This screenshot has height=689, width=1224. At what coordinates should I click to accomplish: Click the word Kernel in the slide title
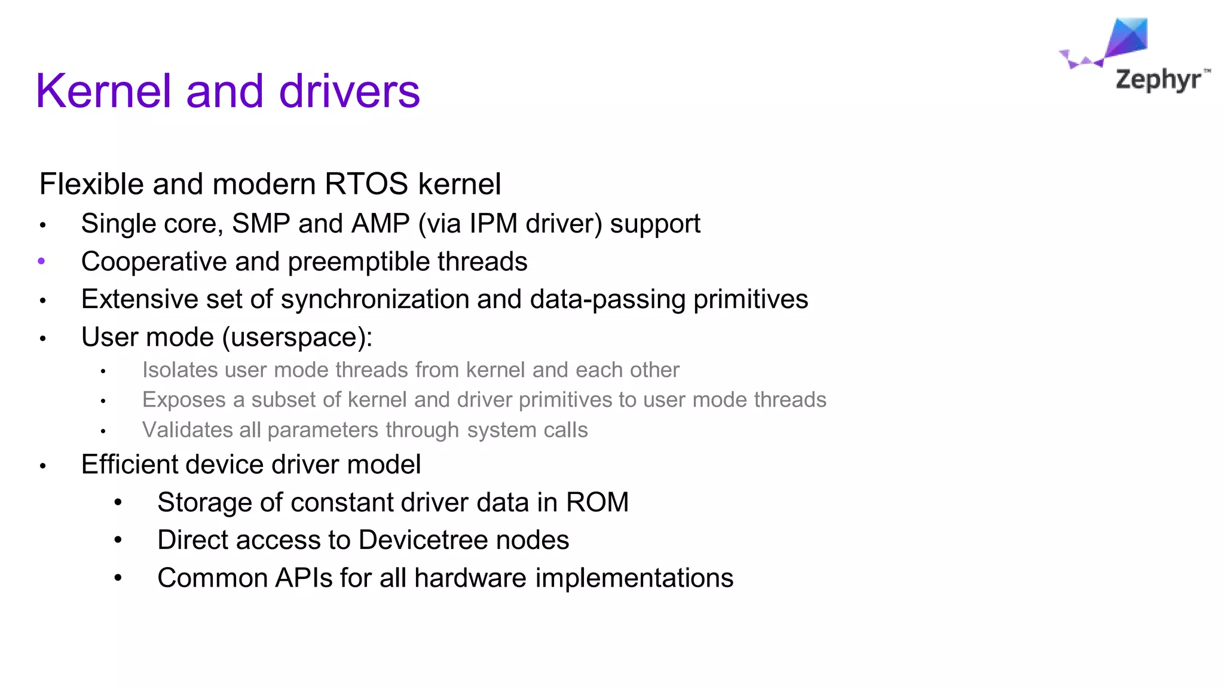coord(103,91)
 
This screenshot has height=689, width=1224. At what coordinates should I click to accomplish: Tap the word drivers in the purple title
coord(350,91)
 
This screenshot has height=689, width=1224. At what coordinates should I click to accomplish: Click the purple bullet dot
coord(41,261)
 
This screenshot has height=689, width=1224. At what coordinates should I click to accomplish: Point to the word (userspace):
coord(297,337)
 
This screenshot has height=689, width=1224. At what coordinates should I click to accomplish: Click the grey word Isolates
coord(180,370)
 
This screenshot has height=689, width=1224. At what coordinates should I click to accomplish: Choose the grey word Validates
coord(187,430)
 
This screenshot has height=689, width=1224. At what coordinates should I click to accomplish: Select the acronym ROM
coord(597,502)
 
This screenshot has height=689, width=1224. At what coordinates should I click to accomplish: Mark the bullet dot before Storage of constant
coord(118,502)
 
